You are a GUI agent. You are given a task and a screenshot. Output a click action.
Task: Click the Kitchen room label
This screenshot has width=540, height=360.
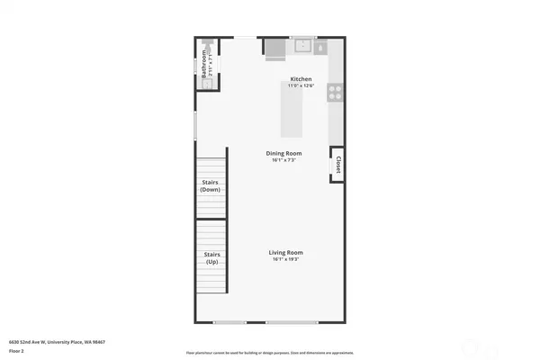tap(301, 79)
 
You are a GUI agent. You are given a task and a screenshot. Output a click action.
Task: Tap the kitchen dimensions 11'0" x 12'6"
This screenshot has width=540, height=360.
tap(301, 85)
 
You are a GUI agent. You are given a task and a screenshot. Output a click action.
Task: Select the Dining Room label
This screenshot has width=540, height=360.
tap(282, 153)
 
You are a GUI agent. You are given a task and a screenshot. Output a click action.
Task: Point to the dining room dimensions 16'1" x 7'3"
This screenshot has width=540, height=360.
tap(282, 160)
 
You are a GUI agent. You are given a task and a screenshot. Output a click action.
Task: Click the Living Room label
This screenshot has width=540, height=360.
tap(285, 252)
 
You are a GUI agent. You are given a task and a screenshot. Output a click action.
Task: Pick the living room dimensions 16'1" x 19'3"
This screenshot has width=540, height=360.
tap(285, 259)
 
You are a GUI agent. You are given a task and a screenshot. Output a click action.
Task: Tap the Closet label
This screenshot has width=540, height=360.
tap(338, 165)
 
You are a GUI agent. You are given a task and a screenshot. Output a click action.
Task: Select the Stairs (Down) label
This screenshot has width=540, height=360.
tap(211, 185)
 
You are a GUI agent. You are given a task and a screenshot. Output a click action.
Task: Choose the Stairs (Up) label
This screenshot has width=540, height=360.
tap(211, 258)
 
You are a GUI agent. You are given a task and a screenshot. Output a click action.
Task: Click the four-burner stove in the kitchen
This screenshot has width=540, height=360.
tap(335, 90)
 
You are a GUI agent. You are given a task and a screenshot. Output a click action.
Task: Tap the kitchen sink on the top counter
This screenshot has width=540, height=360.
tap(301, 45)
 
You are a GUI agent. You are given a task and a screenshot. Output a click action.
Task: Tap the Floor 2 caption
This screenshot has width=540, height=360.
tap(17, 351)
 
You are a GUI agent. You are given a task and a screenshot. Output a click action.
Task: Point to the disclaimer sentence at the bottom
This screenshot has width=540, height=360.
tap(270, 353)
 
